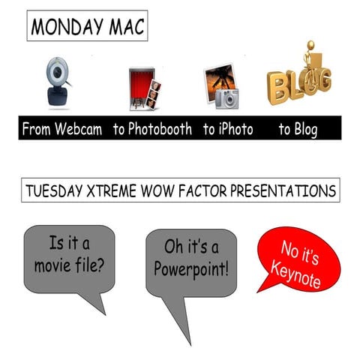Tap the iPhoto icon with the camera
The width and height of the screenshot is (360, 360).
221,85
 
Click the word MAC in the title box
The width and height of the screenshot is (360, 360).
124,27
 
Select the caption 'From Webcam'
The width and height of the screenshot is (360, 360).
63,129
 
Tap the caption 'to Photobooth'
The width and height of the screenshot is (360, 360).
154,129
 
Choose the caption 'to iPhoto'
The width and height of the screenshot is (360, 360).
228,129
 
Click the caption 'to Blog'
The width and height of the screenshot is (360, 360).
298,129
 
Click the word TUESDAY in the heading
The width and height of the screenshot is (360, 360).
56,190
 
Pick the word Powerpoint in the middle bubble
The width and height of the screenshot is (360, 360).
190,268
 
